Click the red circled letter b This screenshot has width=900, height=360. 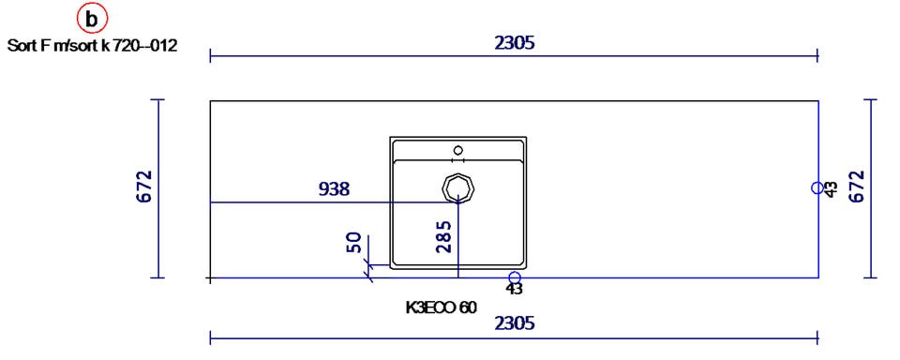click(91, 20)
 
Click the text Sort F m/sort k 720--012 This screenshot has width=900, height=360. click(92, 47)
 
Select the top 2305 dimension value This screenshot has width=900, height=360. click(515, 42)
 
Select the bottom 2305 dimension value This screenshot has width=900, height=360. click(515, 323)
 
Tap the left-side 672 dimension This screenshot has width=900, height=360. click(144, 187)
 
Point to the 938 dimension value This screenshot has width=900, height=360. click(334, 188)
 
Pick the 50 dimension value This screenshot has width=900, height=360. click(353, 243)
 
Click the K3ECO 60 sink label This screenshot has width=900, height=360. click(441, 308)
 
